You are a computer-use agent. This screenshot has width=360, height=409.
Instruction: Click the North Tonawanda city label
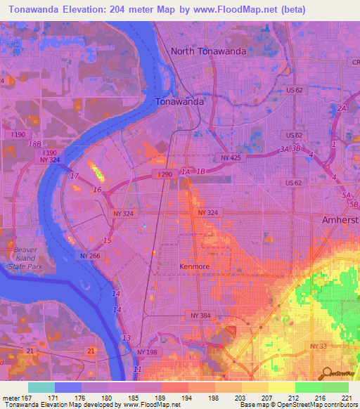tap(210, 51)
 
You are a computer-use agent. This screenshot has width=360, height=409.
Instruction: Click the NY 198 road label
tap(148, 351)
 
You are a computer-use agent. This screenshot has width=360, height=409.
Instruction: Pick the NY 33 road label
tap(318, 346)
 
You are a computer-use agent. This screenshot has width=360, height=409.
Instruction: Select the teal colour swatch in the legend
tap(41, 387)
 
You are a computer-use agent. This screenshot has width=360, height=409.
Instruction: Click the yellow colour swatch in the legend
tap(281, 387)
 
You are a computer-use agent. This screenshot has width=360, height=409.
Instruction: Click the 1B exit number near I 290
tap(202, 171)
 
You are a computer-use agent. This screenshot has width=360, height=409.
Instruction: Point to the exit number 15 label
tap(107, 241)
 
